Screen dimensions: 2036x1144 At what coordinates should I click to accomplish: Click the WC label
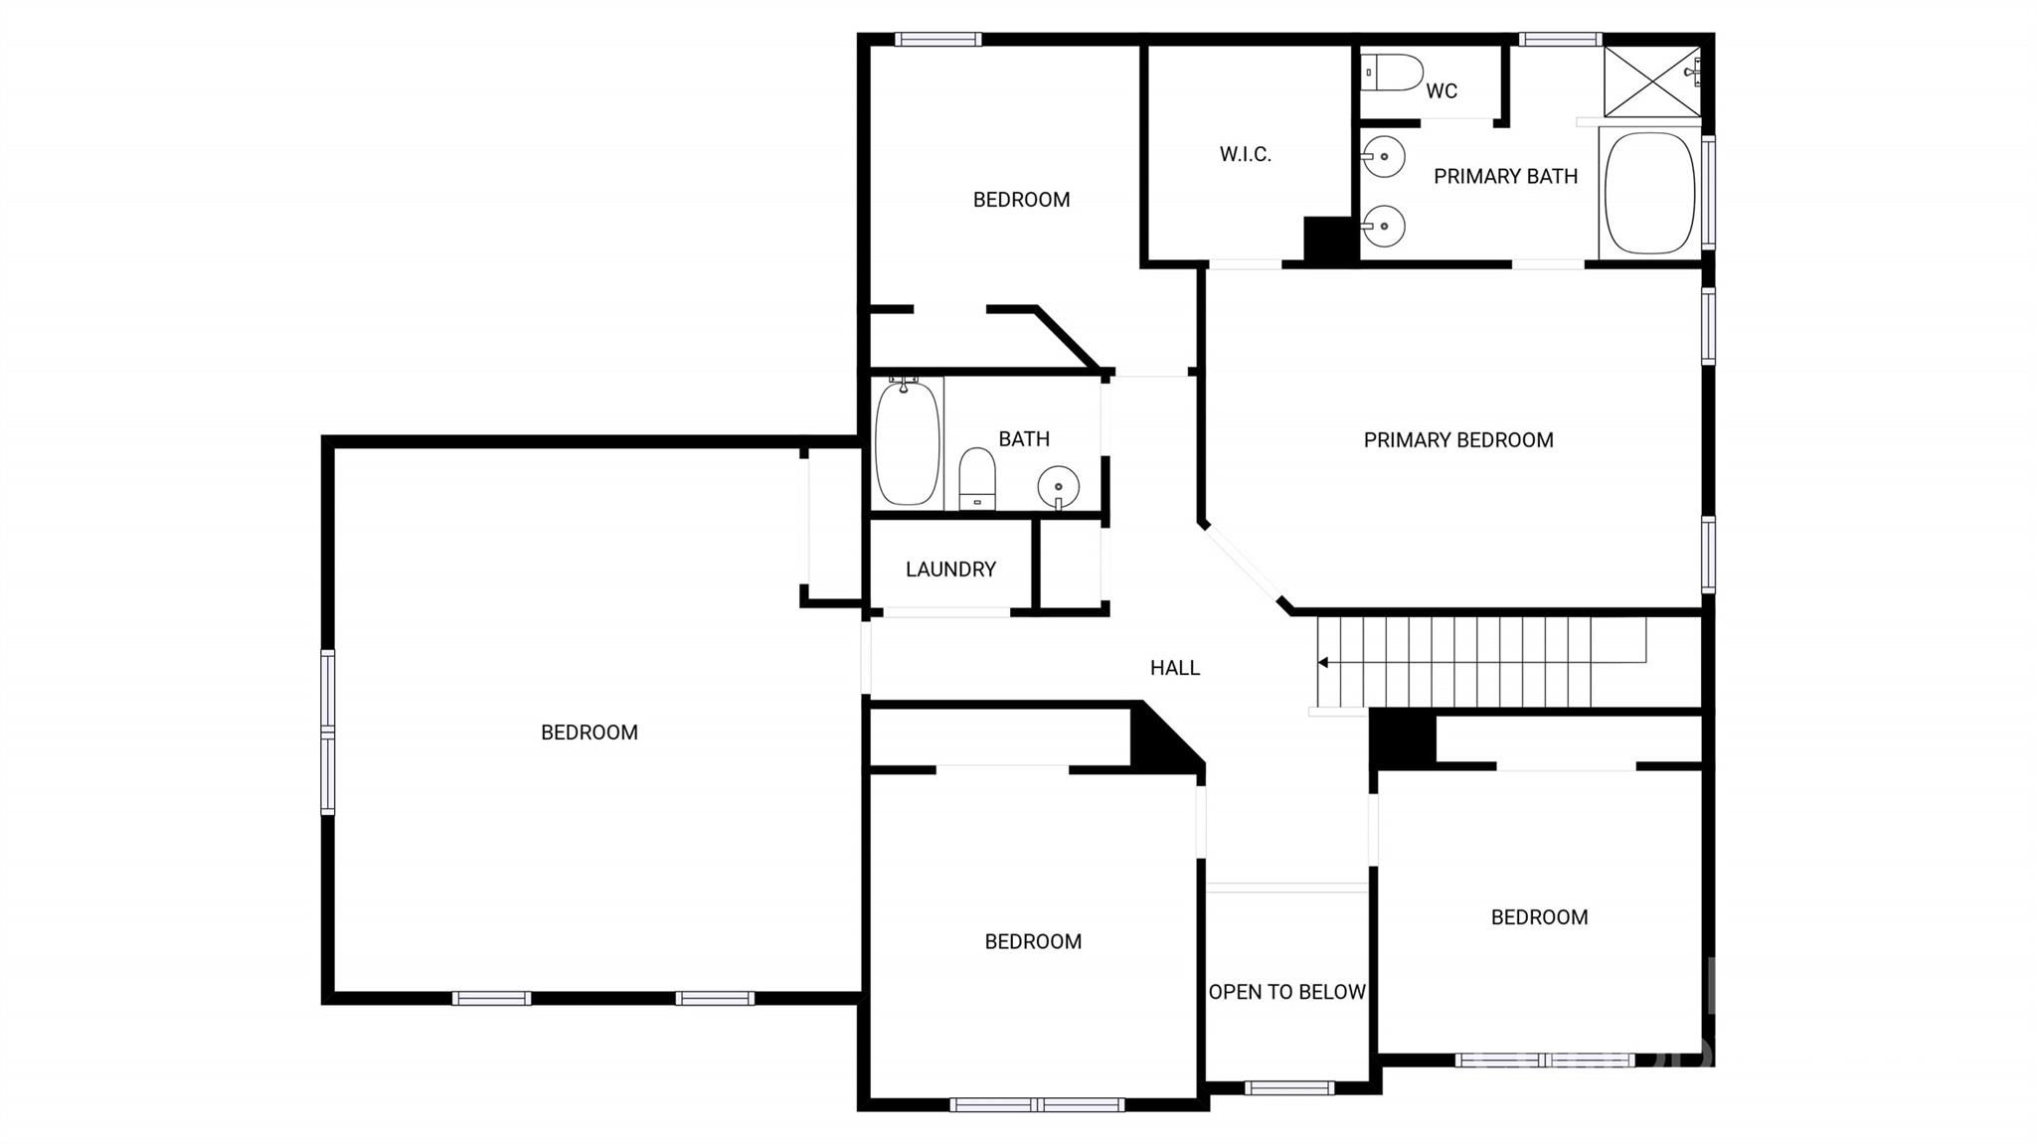[1442, 91]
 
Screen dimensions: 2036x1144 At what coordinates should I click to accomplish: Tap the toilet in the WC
[1392, 73]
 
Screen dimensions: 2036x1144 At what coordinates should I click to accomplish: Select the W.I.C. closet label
[1246, 154]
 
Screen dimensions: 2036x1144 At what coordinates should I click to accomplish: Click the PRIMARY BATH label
[1505, 177]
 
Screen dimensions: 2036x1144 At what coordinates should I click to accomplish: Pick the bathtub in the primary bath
[1650, 193]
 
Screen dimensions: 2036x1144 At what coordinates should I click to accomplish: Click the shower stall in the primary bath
[1652, 82]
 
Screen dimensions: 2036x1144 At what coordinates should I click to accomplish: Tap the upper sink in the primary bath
[1383, 157]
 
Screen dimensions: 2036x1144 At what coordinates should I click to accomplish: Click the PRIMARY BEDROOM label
[1458, 440]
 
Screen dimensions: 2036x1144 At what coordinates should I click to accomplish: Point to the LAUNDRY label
[950, 570]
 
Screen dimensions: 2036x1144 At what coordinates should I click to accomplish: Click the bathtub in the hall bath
[907, 442]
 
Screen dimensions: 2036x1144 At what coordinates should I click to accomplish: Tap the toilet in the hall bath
[977, 479]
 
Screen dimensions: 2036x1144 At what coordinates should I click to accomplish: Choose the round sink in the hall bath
[1059, 487]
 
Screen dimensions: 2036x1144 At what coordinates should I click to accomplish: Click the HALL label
[1175, 668]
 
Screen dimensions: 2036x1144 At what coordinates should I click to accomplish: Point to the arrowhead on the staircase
[1323, 663]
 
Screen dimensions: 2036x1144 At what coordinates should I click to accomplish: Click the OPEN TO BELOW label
[1287, 992]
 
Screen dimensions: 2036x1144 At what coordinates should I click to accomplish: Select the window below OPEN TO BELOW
[1289, 1088]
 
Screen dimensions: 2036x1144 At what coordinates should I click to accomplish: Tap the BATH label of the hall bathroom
[1024, 439]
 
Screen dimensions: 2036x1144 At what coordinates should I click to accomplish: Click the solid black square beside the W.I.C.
[1329, 240]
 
